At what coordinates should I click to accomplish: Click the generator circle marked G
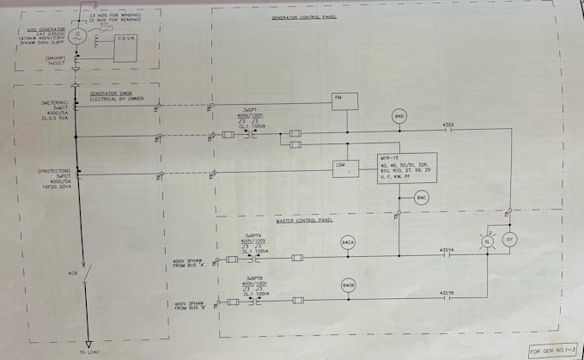point(77,36)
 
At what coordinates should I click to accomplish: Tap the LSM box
point(346,168)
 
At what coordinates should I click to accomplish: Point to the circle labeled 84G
point(398,116)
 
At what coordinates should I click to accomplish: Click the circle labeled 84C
point(421,199)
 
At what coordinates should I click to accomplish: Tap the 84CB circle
point(348,284)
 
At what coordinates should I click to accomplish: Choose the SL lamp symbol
point(487,243)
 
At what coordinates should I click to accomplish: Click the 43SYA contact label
point(447,250)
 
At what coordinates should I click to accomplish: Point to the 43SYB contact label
point(447,293)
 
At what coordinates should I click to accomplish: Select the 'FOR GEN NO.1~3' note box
point(550,351)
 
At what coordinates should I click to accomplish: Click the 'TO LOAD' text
point(88,353)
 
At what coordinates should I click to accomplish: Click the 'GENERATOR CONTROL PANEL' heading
point(304,16)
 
